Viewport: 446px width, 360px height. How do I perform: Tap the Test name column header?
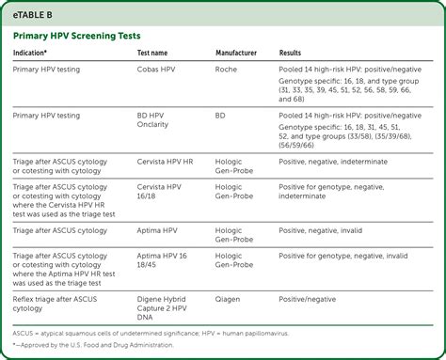point(157,54)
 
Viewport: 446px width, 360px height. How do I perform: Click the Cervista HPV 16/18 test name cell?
point(160,192)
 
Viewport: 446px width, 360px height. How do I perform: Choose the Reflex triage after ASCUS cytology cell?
point(57,304)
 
